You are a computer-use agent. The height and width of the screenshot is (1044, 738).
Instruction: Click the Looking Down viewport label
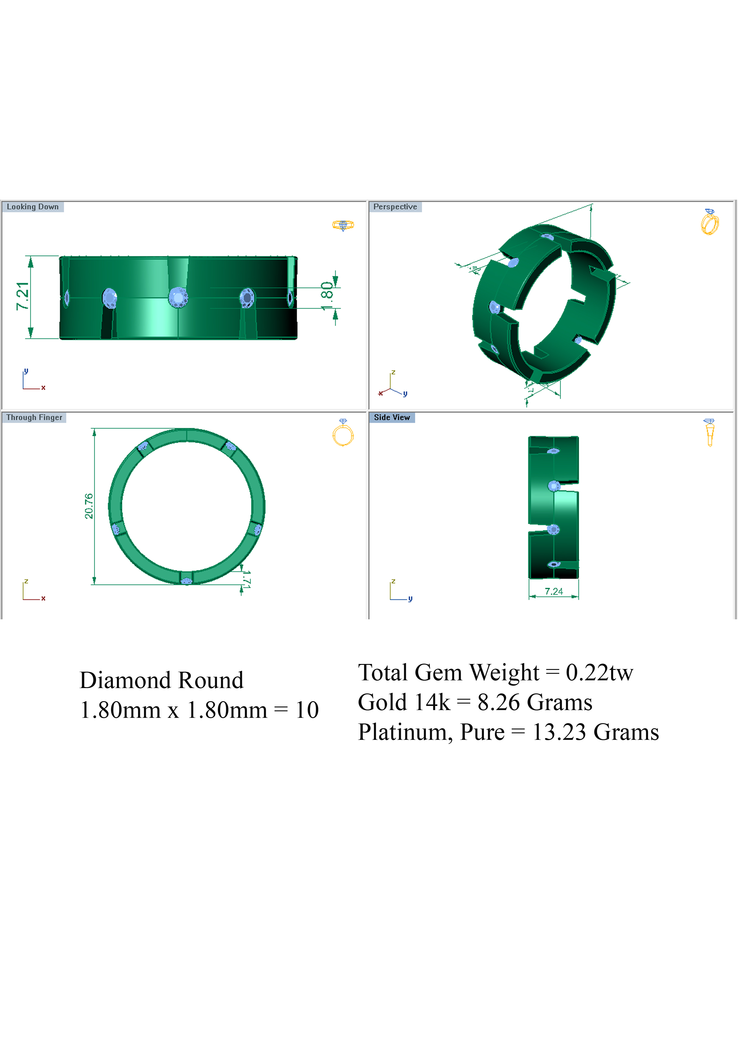click(33, 207)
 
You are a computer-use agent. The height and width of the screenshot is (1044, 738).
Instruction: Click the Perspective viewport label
click(395, 207)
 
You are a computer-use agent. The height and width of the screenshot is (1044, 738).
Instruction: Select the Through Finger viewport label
click(34, 418)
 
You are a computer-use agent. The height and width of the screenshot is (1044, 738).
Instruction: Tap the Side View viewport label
click(392, 418)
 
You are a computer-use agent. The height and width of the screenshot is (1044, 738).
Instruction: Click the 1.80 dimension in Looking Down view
click(327, 296)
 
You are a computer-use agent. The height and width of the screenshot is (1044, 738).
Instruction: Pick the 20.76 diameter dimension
click(89, 506)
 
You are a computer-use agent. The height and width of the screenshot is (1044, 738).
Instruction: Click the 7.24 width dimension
click(553, 591)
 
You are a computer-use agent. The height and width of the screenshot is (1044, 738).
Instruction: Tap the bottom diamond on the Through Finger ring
click(186, 581)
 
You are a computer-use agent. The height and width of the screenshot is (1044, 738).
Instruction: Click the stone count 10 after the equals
click(307, 710)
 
